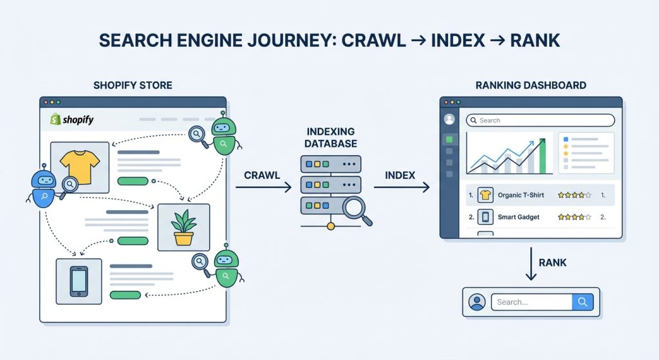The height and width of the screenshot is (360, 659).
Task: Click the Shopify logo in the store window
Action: tap(71, 120)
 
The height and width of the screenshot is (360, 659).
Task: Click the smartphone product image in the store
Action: tap(79, 281)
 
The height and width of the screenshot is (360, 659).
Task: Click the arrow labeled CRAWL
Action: tap(263, 187)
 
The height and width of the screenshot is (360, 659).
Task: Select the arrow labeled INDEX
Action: tap(401, 187)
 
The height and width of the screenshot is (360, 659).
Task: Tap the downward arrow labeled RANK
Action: tap(531, 265)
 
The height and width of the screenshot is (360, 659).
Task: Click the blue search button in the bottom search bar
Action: tap(582, 302)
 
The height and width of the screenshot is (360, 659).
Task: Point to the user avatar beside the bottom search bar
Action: tap(477, 302)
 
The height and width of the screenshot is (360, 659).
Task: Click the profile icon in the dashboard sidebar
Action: tap(449, 119)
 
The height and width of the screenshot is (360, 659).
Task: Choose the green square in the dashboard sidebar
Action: tap(449, 139)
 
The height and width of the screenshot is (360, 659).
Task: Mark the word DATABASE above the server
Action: tap(331, 144)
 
